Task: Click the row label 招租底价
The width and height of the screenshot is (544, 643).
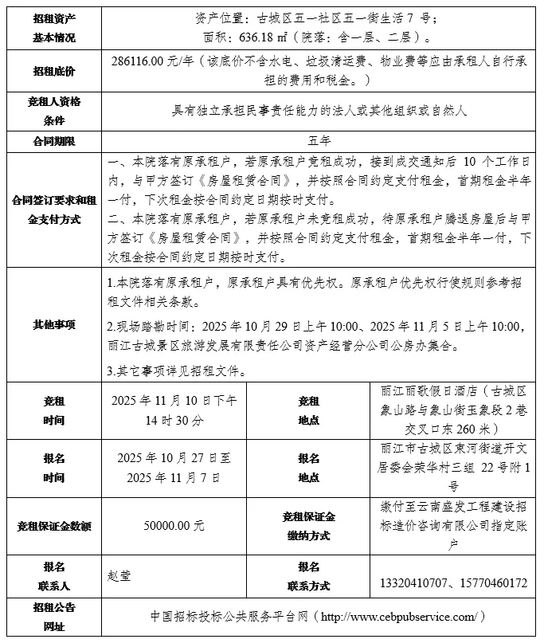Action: [x=54, y=72]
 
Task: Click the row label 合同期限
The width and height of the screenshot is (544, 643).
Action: [x=54, y=141]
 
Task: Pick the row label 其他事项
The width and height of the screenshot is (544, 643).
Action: [x=54, y=325]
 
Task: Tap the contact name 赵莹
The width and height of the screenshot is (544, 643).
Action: [x=119, y=575]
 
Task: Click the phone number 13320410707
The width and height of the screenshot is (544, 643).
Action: [x=419, y=584]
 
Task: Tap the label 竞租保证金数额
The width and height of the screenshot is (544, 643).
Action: [x=54, y=526]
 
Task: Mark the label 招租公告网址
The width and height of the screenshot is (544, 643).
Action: [x=54, y=617]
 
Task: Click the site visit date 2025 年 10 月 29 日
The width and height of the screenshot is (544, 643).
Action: [x=257, y=327]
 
